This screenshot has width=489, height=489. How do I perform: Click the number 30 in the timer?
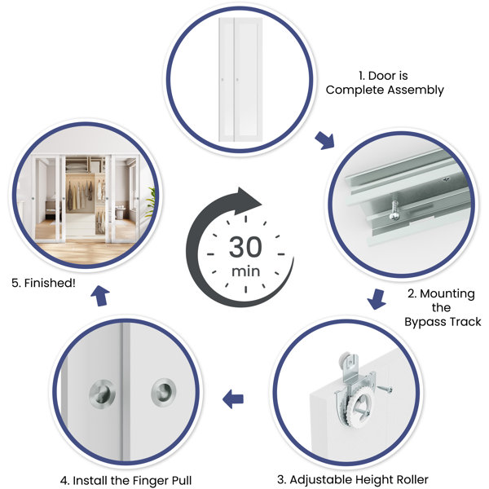245,247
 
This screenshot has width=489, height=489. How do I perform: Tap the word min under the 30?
246,271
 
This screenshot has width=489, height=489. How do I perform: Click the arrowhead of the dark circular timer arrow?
248,200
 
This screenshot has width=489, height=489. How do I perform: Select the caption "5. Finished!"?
43,283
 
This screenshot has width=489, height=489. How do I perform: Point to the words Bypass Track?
443,322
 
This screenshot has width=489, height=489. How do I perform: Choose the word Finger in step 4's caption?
150,481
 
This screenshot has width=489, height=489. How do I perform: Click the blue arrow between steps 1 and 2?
325,140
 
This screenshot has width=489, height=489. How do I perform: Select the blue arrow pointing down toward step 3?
377,299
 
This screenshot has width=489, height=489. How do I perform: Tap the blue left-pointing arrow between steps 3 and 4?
233,399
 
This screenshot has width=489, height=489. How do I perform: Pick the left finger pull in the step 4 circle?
103,394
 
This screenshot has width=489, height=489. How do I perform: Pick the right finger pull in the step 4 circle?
164,393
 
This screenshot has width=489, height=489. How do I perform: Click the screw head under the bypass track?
394,216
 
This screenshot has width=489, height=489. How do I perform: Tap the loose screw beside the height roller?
385,389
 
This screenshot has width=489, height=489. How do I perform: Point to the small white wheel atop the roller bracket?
349,361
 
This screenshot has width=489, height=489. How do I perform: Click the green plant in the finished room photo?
152,203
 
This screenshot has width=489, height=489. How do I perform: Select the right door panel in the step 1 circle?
249,80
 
